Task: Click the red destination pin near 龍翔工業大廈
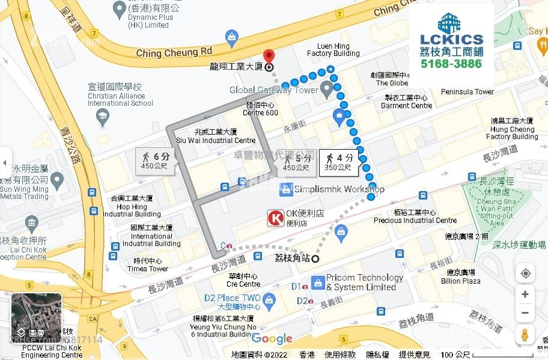269,56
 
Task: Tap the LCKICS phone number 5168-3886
451,64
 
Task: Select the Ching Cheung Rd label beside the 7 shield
174,52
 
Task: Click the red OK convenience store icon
276,218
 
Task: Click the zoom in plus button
525,294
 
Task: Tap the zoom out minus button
525,313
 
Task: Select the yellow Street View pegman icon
525,335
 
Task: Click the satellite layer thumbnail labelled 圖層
37,317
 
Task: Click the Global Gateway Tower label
273,90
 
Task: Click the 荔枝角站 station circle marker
315,258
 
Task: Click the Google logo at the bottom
272,339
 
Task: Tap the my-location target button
525,273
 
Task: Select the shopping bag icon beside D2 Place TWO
269,298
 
